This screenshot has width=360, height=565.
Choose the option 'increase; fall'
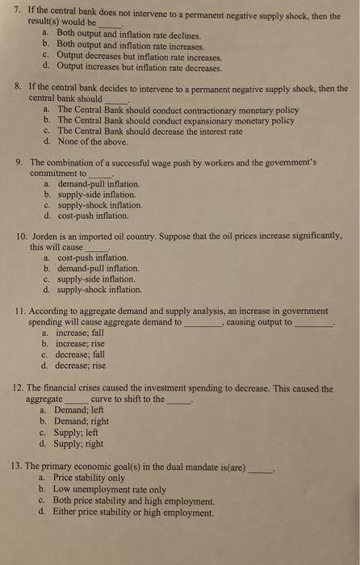(x=81, y=333)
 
